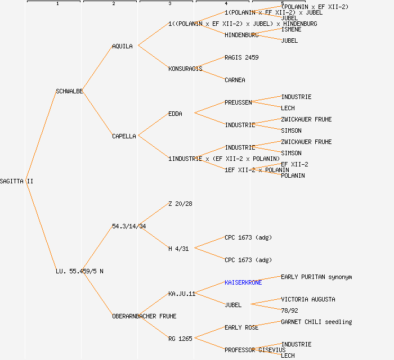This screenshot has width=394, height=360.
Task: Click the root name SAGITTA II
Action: point(17,181)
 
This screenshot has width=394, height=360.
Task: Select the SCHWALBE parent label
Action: point(69,91)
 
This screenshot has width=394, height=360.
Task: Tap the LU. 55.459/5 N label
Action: point(79,271)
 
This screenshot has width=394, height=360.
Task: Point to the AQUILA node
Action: point(122,46)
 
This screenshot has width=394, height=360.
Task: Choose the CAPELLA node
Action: point(124,136)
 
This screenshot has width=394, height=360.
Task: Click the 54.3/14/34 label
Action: point(129,226)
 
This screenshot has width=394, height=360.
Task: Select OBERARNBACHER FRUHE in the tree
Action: point(144,316)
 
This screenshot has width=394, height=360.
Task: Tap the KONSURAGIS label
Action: point(185,69)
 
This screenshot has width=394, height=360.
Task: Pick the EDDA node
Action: point(175,114)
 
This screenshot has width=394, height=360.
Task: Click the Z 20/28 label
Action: point(180,204)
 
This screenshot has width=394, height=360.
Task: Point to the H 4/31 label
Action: point(178,249)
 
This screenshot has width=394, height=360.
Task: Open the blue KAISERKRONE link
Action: point(243,282)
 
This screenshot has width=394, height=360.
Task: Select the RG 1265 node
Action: point(180,339)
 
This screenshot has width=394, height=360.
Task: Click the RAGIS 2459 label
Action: point(241,57)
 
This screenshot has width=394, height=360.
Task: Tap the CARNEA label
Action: point(235,80)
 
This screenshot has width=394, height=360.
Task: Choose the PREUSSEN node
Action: point(238,102)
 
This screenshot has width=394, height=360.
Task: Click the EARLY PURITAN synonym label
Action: point(316,277)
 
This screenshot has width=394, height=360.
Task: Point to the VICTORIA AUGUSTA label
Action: point(308,299)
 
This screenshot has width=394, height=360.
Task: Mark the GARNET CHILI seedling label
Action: point(316,322)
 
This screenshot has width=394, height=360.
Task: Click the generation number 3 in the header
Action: point(169,4)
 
